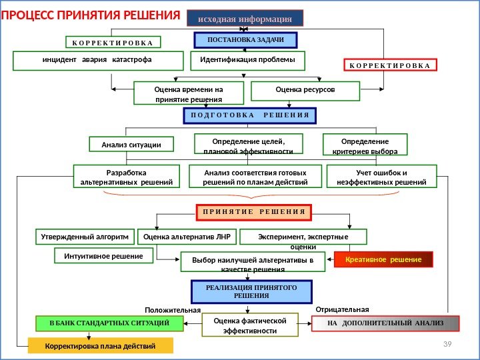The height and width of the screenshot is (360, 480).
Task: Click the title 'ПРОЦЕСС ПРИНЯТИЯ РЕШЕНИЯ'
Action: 91,15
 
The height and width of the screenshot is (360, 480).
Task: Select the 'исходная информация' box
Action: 245,17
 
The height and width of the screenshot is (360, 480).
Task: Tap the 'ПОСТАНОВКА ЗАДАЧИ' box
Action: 245,40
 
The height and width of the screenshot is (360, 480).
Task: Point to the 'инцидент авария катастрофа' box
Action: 98,61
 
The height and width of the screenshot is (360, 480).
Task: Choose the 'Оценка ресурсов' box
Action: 305,89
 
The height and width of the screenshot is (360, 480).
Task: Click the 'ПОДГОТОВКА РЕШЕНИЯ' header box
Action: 249,115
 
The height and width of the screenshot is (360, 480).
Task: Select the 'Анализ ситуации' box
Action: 131,144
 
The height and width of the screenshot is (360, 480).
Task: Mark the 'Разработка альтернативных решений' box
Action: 126,177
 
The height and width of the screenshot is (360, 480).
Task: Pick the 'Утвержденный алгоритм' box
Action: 84,237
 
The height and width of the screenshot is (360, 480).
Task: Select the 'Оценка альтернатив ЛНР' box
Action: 186,237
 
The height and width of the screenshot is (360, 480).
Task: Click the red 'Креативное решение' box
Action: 383,259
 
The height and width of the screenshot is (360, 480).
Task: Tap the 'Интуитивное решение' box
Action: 103,255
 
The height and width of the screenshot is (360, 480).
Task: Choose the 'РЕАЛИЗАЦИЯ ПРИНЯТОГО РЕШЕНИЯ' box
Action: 252,291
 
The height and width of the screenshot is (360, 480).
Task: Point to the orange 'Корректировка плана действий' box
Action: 100,346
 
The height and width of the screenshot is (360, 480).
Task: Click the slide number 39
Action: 447,343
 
